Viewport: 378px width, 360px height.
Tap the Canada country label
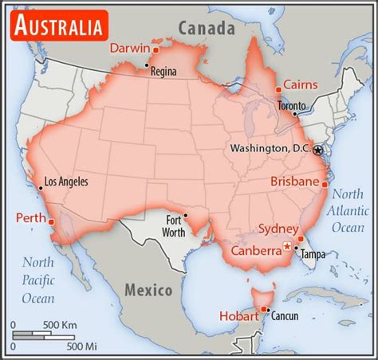point(206,29)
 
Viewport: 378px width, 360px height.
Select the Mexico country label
point(148,289)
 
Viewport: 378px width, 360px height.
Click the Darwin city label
point(131,48)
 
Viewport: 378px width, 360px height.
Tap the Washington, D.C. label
point(270,149)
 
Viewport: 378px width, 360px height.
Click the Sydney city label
point(278,229)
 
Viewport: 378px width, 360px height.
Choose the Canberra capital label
point(256,250)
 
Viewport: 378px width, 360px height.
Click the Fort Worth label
point(175,226)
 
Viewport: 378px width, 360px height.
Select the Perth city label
point(31,217)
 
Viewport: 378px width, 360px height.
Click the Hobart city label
point(239,315)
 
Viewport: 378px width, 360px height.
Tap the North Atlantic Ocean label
point(348,210)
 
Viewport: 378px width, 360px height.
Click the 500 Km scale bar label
point(59,325)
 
